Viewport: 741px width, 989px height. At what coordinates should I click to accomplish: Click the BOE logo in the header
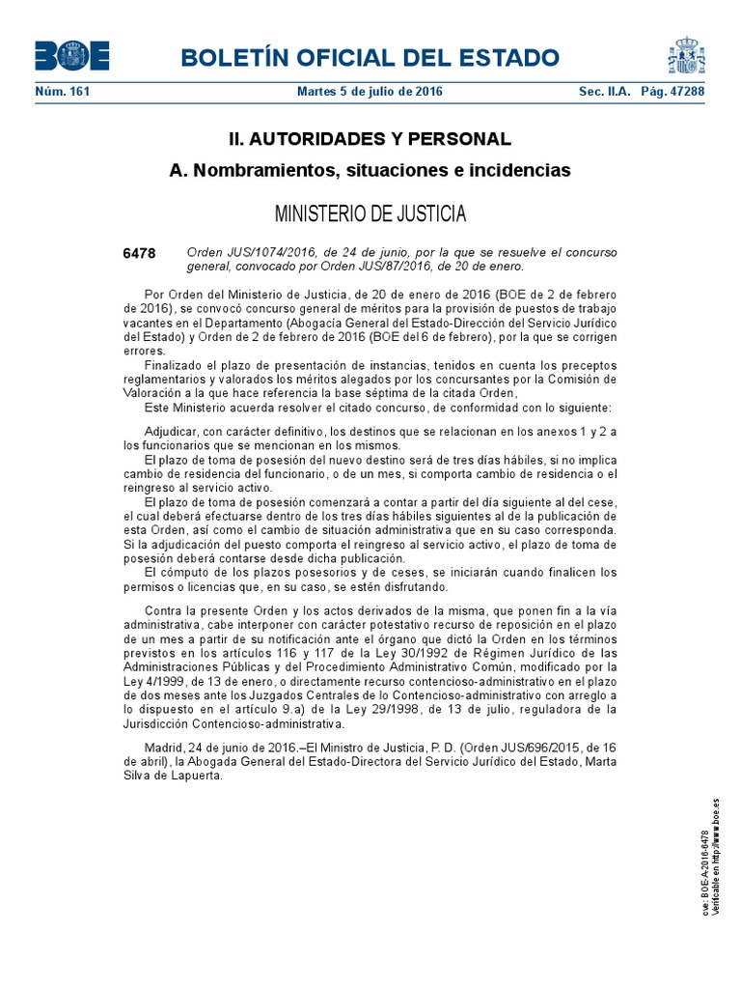click(72, 56)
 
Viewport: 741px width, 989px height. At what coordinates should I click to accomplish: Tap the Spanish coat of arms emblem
click(687, 56)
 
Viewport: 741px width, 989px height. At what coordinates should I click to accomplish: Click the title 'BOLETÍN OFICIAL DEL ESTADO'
click(370, 57)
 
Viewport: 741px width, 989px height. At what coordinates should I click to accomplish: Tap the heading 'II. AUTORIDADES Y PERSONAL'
click(370, 139)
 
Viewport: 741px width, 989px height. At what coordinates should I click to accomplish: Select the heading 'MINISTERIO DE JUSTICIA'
click(370, 213)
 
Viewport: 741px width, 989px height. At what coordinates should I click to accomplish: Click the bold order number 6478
click(139, 253)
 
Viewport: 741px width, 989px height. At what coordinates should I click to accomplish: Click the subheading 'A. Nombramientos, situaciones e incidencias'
click(370, 171)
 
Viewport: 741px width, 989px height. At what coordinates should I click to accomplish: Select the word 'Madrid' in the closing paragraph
click(165, 747)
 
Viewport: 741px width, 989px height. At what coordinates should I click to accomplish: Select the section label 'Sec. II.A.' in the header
click(604, 92)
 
